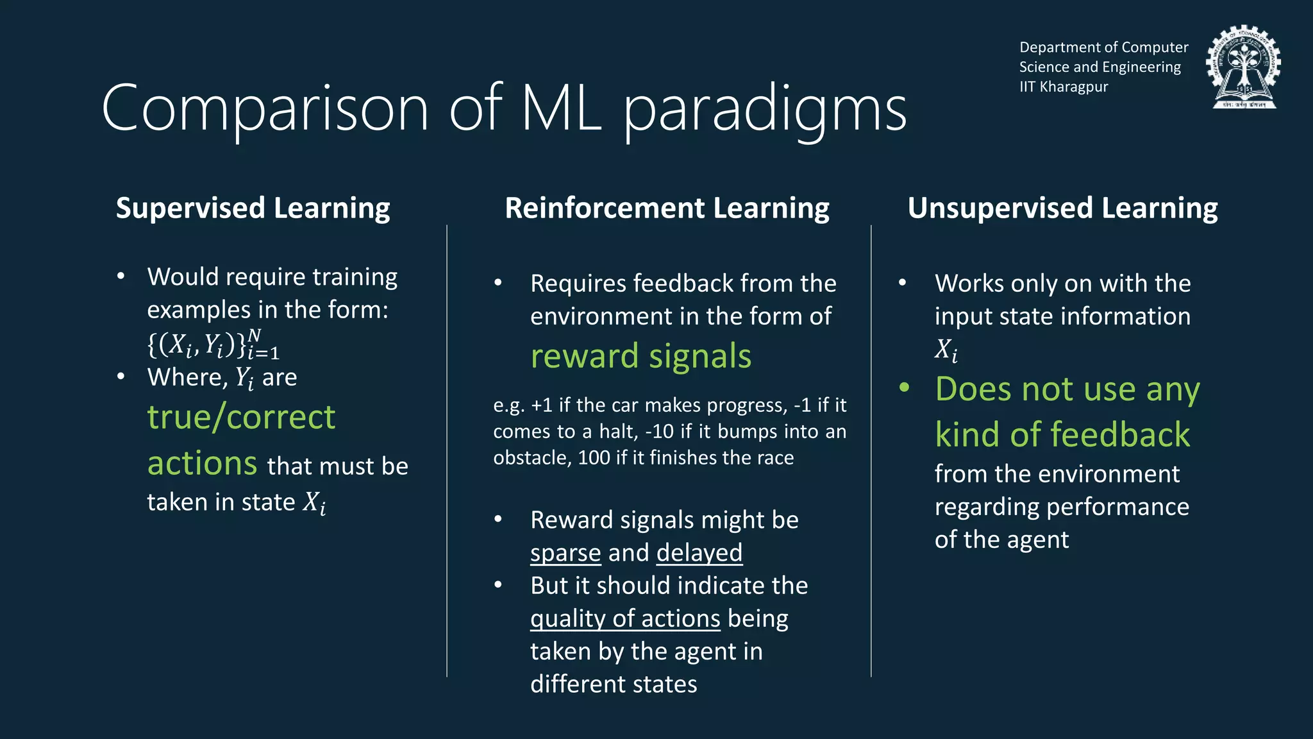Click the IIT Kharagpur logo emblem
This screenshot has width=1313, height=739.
point(1243,67)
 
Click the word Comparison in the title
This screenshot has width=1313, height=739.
point(265,109)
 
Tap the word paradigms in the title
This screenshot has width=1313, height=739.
point(765,110)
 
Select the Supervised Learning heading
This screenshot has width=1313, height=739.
point(253,208)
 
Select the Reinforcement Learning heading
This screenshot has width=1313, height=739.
point(667,208)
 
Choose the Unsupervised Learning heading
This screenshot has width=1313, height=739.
point(1062,208)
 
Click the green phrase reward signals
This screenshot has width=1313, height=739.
point(640,356)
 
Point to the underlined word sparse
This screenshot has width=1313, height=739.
point(565,553)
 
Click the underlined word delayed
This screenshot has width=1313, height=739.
point(699,553)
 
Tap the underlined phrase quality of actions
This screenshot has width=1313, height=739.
point(625,618)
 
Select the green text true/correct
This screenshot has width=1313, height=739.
point(241,418)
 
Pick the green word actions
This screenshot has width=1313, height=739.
point(202,463)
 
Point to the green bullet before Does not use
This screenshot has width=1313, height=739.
point(904,387)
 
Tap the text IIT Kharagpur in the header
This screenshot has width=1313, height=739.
point(1064,87)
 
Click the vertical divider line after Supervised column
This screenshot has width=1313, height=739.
point(447,449)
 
